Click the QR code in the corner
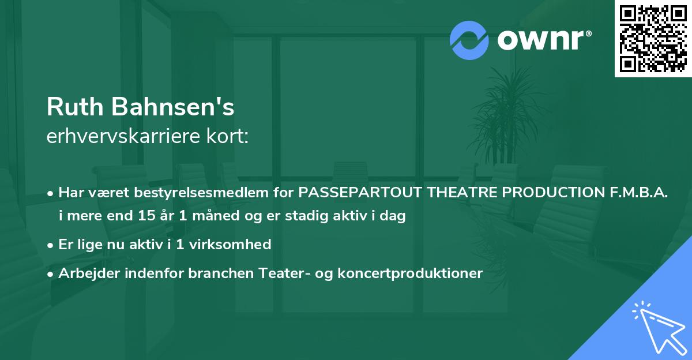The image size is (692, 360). [x=652, y=38]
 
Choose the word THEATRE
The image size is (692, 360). [x=460, y=192]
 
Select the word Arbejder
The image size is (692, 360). [x=86, y=273]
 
